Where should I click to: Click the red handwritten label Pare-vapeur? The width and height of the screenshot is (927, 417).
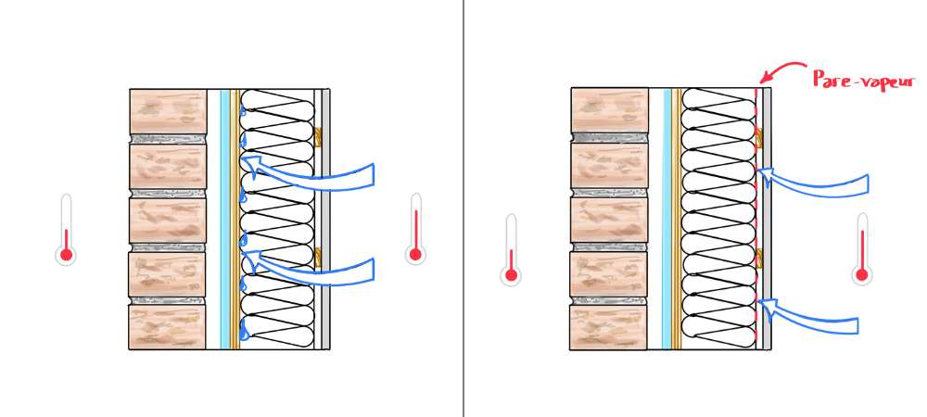click(x=863, y=81)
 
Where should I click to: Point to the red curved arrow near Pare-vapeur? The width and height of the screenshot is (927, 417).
click(x=781, y=69)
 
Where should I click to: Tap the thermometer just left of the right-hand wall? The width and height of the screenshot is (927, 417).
click(x=511, y=250)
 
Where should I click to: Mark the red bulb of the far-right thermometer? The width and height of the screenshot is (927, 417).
click(x=862, y=274)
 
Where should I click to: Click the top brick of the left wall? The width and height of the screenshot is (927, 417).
click(x=168, y=111)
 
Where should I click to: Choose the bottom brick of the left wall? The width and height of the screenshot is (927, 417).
click(x=167, y=326)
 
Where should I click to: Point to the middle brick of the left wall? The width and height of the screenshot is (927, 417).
click(x=168, y=220)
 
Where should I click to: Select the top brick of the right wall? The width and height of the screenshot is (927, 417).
click(x=610, y=110)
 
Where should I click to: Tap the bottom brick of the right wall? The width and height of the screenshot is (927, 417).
click(x=609, y=327)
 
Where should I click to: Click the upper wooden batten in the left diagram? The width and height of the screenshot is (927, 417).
click(x=317, y=137)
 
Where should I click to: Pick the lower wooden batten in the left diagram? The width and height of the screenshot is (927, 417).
click(x=317, y=257)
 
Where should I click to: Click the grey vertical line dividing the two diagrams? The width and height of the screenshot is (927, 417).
click(x=463, y=208)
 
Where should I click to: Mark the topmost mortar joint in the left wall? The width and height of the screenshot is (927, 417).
click(x=168, y=139)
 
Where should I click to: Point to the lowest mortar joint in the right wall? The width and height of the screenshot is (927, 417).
click(x=609, y=300)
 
